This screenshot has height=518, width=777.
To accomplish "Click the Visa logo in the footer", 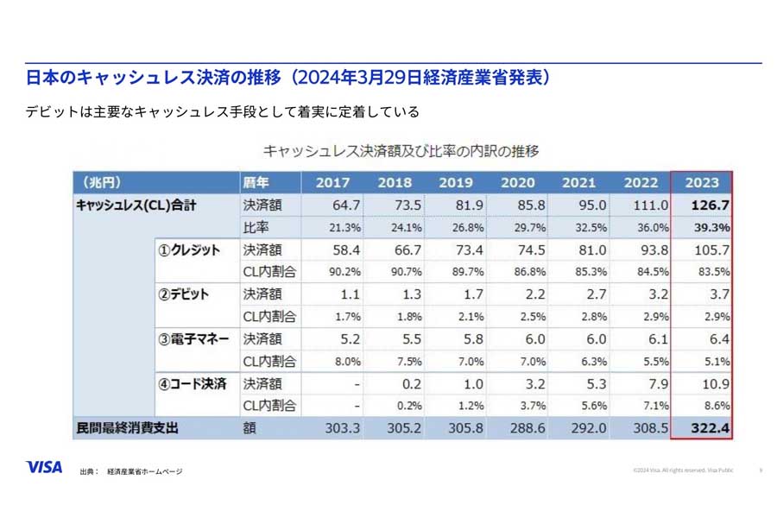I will click(x=44, y=467).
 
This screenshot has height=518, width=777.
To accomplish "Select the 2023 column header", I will click(x=701, y=182).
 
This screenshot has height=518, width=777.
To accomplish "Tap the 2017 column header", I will click(x=332, y=182).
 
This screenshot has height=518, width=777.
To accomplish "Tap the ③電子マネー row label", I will click(x=193, y=339).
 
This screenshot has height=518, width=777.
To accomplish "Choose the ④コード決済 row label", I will click(x=191, y=383).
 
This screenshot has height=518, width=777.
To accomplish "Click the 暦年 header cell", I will click(x=256, y=182).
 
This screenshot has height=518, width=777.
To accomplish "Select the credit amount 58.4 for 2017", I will click(x=344, y=250).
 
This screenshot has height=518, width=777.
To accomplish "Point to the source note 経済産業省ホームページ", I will click(x=144, y=471).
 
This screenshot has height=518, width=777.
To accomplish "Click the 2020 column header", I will click(x=517, y=182).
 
